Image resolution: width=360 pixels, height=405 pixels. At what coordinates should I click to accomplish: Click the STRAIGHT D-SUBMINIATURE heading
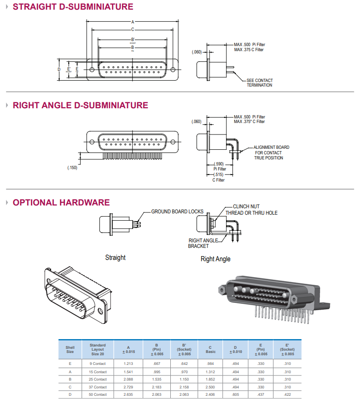[x=73, y=7]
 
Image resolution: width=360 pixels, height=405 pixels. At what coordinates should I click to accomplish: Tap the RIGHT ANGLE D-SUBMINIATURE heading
[x=81, y=106]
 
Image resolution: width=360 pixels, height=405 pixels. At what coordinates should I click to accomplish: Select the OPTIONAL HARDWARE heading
[x=61, y=203]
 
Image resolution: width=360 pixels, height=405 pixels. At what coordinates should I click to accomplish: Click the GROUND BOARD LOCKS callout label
[x=177, y=211]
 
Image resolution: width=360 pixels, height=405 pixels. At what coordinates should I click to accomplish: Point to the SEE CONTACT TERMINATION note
[x=260, y=83]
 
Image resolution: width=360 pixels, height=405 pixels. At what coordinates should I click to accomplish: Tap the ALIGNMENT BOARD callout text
[x=271, y=147]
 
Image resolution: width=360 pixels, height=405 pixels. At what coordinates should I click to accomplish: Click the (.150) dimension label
[x=72, y=168]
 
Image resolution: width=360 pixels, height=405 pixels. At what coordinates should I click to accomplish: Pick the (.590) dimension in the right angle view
[x=219, y=164]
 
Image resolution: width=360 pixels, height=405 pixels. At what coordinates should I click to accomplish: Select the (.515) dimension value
[x=219, y=175]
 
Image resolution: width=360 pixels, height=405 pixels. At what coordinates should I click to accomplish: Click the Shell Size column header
[x=70, y=349]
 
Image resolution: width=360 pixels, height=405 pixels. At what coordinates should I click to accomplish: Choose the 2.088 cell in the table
[x=128, y=379]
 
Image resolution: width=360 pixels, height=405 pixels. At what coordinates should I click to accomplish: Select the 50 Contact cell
[x=98, y=394]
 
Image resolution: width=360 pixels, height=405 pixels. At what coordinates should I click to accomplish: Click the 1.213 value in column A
[x=128, y=364]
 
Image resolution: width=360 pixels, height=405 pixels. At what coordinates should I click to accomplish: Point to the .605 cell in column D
[x=235, y=394]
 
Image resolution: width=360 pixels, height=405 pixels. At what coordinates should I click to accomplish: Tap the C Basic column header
[x=210, y=349]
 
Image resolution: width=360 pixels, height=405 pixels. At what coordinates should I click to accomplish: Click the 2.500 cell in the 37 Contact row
[x=210, y=387]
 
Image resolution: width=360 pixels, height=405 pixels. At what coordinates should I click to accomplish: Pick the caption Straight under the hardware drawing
[x=115, y=258]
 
